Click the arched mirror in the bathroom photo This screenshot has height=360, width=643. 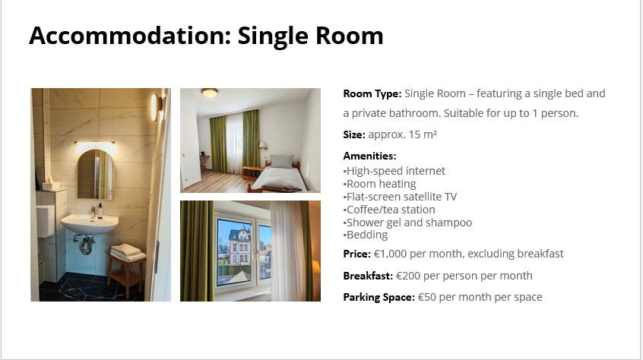[x=96, y=175]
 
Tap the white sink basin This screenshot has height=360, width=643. [x=90, y=223]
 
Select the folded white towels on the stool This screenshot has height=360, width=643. [x=128, y=252]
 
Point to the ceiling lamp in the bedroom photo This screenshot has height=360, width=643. [x=210, y=92]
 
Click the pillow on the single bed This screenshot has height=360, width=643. [x=282, y=161]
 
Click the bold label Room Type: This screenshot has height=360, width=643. [x=372, y=93]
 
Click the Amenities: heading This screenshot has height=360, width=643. [x=370, y=156]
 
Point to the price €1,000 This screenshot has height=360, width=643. [x=390, y=254]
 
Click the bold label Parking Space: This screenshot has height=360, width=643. [x=379, y=297]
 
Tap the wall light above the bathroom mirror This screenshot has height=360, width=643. [x=95, y=143]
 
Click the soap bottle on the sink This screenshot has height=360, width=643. [x=100, y=210]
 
